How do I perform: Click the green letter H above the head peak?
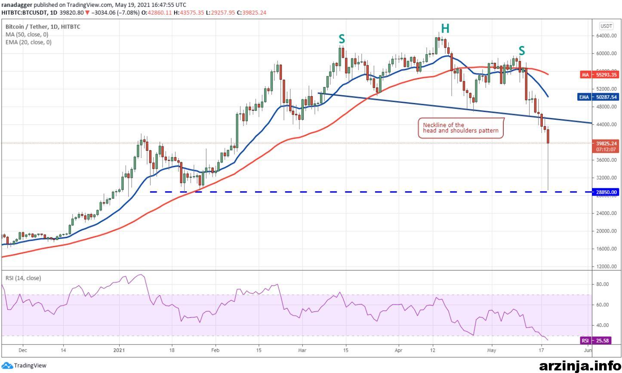tap(445, 28)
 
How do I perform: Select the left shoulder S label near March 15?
tap(342, 39)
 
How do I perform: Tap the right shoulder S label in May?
tap(522, 51)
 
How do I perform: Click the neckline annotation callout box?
tap(461, 128)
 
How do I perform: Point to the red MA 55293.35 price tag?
tap(599, 75)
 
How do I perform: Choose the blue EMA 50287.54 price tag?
tap(598, 97)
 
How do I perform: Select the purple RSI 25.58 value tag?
tap(596, 340)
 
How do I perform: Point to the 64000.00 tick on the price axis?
tap(606, 36)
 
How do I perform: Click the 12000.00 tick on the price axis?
tap(606, 266)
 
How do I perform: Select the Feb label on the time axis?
tap(215, 350)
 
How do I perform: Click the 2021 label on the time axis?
tap(119, 350)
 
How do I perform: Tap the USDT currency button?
tap(606, 26)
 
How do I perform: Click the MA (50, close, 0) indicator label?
tap(27, 34)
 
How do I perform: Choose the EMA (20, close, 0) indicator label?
tap(28, 42)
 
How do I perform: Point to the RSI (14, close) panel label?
tap(23, 278)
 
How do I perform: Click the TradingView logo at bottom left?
tap(24, 366)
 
